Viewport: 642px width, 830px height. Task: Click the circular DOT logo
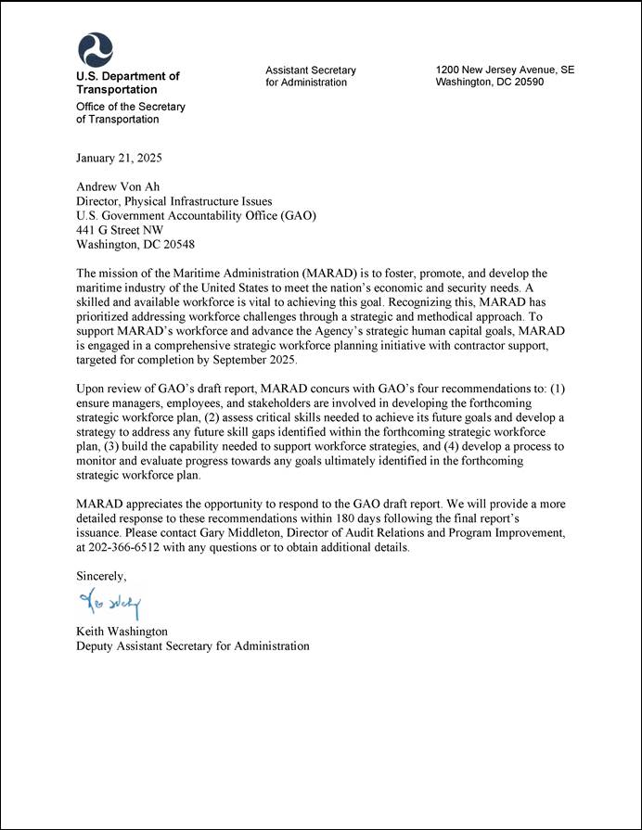click(95, 49)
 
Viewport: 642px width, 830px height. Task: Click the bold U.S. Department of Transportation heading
click(127, 83)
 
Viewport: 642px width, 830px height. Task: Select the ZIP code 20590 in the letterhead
click(527, 82)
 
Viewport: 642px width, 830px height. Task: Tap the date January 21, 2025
click(119, 158)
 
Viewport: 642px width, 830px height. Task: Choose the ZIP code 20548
click(176, 245)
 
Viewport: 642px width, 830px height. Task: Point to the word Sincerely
click(101, 576)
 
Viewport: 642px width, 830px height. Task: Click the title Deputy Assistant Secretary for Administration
click(192, 645)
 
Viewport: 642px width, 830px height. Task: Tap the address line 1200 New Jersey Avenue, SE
click(505, 70)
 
